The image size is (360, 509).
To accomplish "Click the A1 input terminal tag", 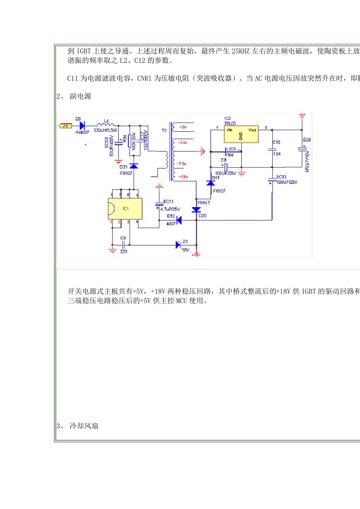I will tap(65, 126).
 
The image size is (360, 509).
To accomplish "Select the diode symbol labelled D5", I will tap(81, 126).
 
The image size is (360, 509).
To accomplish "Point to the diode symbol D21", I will tap(133, 166).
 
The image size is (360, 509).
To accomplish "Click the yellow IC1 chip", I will tap(125, 209).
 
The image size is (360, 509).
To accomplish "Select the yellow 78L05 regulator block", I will tap(241, 134).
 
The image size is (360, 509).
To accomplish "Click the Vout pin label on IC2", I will tap(252, 130).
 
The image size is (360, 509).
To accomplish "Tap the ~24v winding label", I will tap(182, 143).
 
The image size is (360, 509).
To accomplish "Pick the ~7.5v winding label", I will tap(181, 164).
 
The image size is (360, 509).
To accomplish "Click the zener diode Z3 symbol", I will tap(178, 245).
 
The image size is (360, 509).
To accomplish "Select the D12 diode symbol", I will tap(179, 220).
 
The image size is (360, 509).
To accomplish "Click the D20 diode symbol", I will tap(196, 209).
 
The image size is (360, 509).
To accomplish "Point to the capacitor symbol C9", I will tap(123, 245).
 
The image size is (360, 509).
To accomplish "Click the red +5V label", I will tap(302, 115).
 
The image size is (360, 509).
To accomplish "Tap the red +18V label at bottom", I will tap(196, 255).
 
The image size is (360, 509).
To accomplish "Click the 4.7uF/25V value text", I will tap(170, 209).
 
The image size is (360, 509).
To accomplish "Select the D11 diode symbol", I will tap(211, 183).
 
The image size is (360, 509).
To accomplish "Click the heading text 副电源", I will tap(80, 96).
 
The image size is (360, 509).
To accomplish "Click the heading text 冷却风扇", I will tap(84, 426).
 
